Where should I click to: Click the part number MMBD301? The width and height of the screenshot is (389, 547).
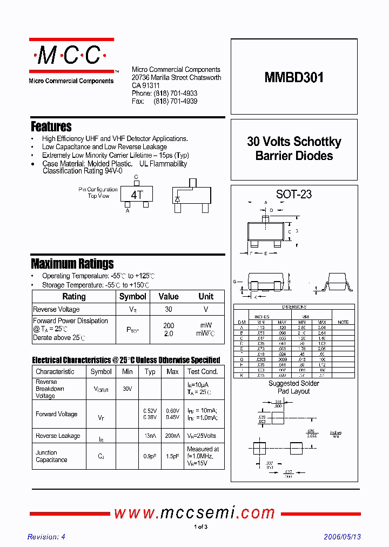click(294, 77)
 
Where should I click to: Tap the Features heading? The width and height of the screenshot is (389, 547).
click(51, 126)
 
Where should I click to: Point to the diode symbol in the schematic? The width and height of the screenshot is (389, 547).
click(177, 199)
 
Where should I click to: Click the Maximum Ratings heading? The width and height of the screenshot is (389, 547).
click(72, 264)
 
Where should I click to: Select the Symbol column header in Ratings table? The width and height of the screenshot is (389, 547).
click(132, 296)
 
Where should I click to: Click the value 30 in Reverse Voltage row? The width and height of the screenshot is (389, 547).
click(169, 309)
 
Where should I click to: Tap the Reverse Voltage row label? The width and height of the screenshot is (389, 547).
click(56, 309)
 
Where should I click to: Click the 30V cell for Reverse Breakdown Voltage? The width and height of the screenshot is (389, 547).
click(128, 389)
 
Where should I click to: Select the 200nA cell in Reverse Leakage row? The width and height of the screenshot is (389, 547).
click(172, 436)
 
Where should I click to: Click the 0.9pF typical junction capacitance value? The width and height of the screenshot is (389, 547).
click(150, 456)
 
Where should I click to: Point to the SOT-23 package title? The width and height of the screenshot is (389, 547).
click(294, 194)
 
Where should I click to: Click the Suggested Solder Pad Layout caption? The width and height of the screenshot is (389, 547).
click(294, 387)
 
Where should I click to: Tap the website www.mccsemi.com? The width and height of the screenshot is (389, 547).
click(194, 512)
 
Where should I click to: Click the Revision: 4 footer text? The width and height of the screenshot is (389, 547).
click(46, 537)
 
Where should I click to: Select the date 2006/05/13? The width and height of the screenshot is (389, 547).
click(342, 537)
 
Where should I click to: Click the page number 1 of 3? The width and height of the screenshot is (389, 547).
click(200, 526)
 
